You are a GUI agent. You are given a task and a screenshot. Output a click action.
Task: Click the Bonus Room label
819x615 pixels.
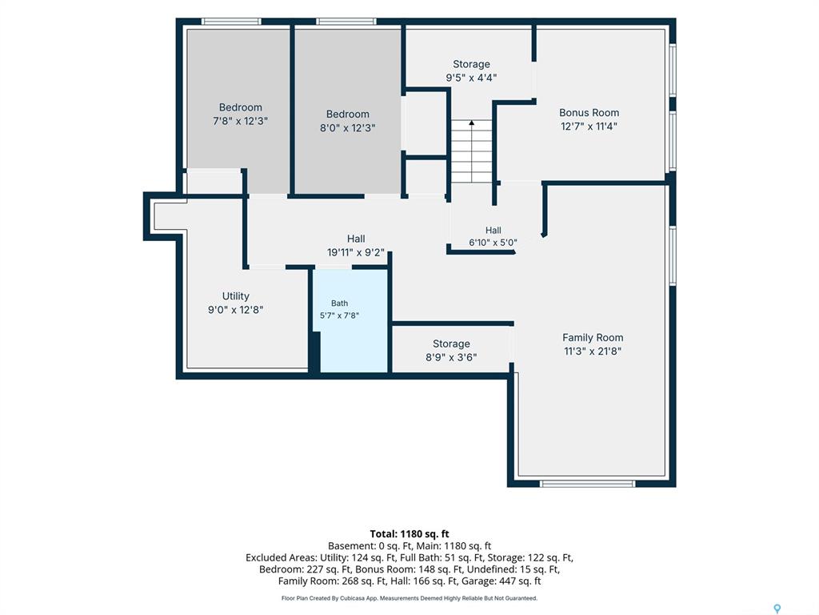[x=589, y=112]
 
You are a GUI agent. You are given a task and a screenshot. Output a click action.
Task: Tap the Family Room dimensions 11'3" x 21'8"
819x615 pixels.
[x=593, y=351]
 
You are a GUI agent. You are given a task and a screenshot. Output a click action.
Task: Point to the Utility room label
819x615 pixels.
[x=236, y=296]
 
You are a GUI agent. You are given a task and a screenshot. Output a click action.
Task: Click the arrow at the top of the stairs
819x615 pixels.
[x=472, y=123]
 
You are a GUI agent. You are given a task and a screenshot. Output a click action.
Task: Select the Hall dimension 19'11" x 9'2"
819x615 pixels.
[x=356, y=252]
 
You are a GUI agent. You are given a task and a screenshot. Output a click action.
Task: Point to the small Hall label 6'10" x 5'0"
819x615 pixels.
[x=493, y=236]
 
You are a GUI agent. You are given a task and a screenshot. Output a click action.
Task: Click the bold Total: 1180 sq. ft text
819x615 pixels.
[x=409, y=534]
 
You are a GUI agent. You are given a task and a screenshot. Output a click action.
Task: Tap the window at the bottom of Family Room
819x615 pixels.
[x=588, y=484]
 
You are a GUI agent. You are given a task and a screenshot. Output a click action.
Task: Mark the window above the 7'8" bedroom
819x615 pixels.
[x=231, y=22]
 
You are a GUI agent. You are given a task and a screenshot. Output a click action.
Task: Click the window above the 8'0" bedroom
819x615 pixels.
[x=346, y=22]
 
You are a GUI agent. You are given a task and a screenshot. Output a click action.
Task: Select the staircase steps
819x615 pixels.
[x=472, y=151]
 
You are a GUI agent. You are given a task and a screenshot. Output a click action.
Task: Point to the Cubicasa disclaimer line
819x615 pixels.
[x=409, y=598]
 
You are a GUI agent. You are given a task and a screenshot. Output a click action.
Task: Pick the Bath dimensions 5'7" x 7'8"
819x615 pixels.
[x=339, y=316]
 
